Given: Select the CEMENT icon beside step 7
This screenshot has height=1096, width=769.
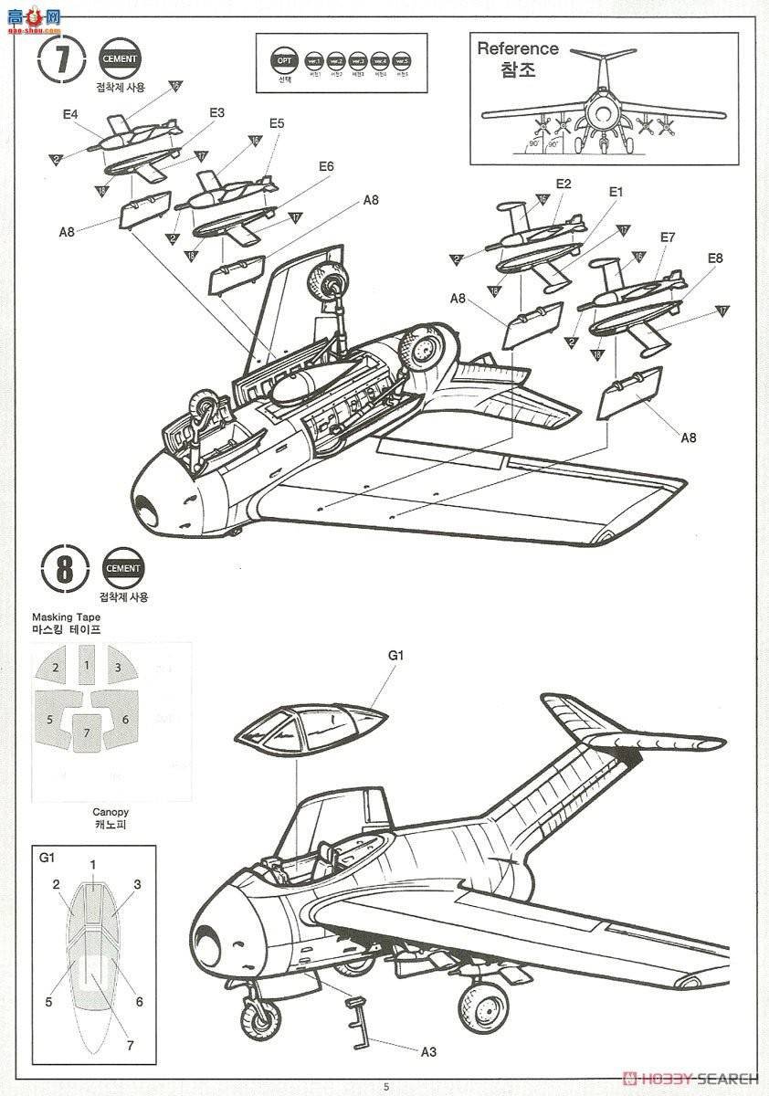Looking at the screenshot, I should (121, 58).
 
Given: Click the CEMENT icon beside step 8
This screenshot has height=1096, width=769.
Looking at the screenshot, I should (123, 568).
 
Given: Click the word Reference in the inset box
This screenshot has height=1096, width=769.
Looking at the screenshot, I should (517, 49).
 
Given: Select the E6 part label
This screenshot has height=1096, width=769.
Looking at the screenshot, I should (326, 166).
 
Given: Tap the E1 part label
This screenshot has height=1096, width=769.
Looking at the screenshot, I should (615, 192).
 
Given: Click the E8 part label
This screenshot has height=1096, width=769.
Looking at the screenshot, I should (714, 258).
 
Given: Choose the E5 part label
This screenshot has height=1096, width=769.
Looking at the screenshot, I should (277, 123).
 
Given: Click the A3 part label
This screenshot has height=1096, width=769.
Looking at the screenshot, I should (428, 1052).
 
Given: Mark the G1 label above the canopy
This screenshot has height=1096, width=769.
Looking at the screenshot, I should (395, 656).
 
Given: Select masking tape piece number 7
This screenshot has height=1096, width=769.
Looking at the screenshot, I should (87, 732).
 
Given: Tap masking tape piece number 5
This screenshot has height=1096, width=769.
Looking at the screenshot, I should (50, 719).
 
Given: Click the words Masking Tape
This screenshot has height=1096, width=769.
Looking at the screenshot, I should (66, 617).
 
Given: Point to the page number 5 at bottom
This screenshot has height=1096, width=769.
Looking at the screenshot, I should (385, 1086).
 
